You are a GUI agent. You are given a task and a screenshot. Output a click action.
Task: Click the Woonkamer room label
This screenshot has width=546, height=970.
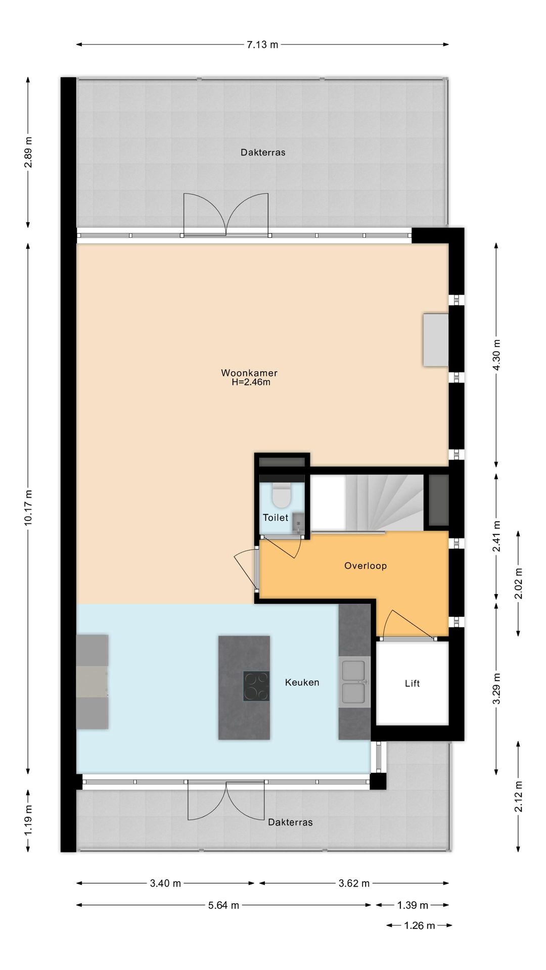249,373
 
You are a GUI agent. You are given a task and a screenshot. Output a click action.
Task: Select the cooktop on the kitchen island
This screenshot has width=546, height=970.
256,686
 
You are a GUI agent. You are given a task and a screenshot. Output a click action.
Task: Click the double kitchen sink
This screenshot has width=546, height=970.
354,682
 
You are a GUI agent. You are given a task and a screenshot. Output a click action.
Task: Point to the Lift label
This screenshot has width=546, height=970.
412,684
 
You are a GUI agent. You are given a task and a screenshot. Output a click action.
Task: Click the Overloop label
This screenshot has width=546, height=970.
366,566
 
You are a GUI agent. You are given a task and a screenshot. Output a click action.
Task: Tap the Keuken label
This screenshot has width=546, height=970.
302,683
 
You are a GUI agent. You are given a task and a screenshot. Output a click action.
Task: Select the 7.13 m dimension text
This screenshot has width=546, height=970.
262,44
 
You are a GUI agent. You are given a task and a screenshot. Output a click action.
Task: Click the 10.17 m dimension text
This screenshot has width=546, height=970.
28,508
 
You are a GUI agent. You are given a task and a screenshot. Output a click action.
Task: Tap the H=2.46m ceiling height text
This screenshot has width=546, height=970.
251,382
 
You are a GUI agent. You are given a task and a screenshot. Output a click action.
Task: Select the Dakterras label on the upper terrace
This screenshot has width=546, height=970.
263,152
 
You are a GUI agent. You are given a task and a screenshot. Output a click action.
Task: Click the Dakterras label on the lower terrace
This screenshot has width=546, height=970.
290,822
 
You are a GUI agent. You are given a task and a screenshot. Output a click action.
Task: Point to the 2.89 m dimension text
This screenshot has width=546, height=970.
28,152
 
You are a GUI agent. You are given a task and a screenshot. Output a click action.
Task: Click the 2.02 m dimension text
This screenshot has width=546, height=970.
518,584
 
